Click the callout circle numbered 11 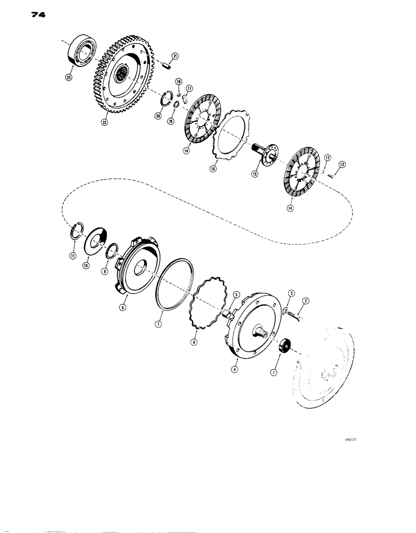click(x=73, y=256)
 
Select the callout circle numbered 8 click(x=123, y=308)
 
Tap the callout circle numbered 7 click(x=158, y=323)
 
